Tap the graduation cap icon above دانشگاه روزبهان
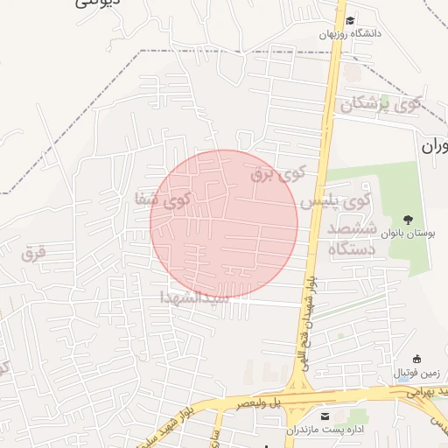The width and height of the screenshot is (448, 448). (350, 20)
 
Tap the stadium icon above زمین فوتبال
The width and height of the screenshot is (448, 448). (417, 358)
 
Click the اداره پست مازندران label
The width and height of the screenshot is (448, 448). (325, 430)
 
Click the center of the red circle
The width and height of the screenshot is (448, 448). (224, 224)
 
